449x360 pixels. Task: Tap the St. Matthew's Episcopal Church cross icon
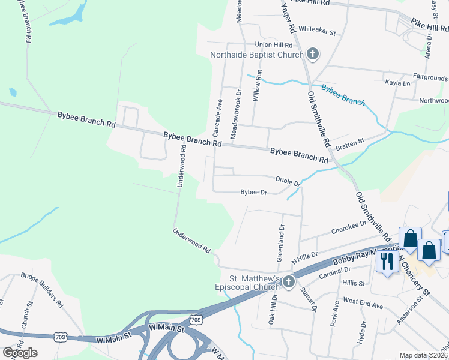point(289,281)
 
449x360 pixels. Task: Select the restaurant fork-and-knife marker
point(387,261)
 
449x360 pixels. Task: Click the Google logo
point(20,353)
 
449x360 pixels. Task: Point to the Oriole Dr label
point(287,181)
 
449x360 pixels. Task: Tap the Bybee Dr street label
point(253,193)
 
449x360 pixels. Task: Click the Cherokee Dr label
point(349,228)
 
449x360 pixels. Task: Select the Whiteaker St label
point(316,29)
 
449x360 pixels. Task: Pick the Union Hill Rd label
point(273,45)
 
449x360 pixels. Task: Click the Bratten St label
point(350,143)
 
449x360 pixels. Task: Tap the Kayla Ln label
point(397,83)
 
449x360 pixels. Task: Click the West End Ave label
point(363,305)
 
